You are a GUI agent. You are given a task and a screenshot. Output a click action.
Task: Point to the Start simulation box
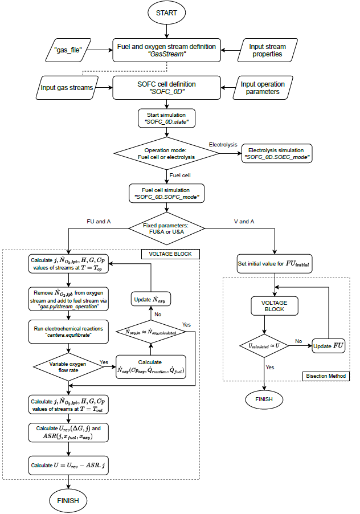167,118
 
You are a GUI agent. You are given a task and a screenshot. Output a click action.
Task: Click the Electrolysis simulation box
276,152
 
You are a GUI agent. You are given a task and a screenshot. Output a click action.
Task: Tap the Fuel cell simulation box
167,191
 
